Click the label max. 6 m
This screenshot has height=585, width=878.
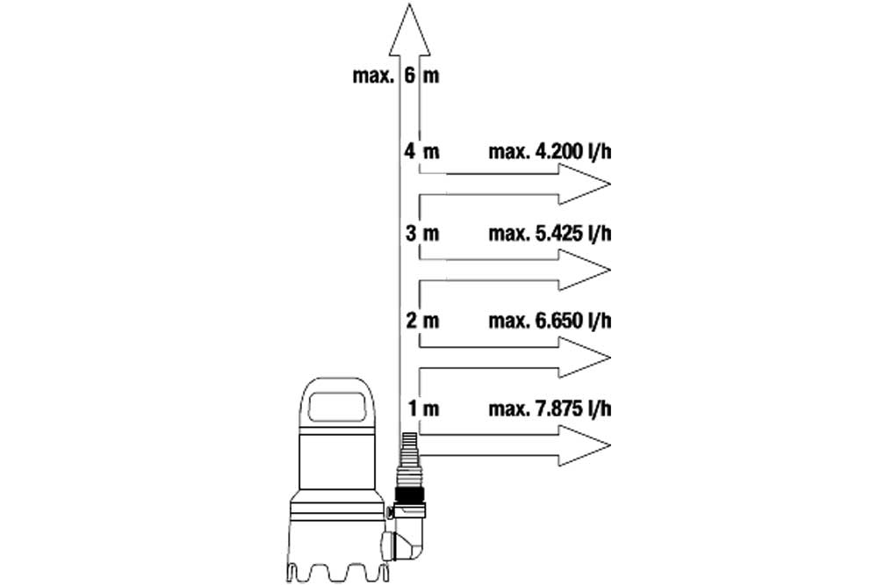[396, 75]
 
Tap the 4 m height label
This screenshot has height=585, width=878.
[422, 151]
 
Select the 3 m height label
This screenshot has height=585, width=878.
[422, 233]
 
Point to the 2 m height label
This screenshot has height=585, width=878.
[422, 321]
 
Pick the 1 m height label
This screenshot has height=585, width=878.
[423, 408]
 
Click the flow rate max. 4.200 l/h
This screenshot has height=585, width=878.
[550, 151]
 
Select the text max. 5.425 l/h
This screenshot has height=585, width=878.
[550, 233]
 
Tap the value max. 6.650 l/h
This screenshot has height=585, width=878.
[550, 321]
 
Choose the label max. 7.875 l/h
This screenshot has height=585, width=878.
[550, 408]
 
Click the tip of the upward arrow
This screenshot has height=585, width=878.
[409, 4]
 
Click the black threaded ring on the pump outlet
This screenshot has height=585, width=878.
[410, 495]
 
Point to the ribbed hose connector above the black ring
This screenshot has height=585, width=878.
[410, 459]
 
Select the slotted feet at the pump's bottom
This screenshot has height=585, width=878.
[337, 570]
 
